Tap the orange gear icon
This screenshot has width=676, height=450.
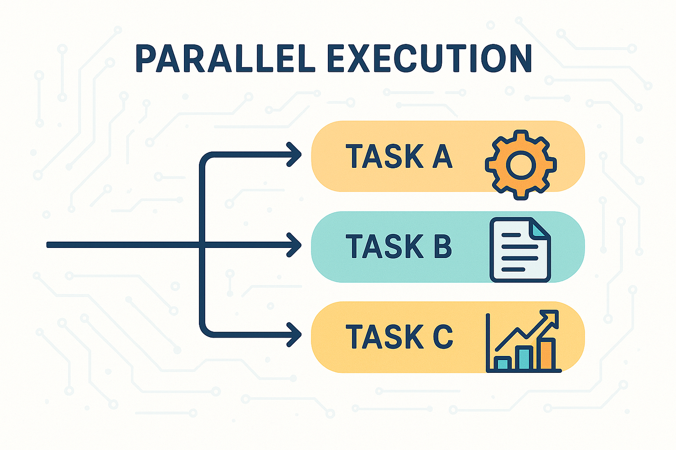[x=521, y=164]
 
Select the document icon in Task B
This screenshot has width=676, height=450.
[x=520, y=250]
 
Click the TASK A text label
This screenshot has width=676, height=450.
[x=399, y=156]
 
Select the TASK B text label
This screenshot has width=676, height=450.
[x=399, y=246]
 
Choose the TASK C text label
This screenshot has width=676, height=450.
[x=399, y=336]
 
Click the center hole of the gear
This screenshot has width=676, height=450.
[x=521, y=165]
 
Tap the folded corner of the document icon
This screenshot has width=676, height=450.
[x=540, y=228]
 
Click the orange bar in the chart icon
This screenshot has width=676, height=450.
[x=548, y=354]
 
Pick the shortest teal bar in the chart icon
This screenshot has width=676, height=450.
[x=503, y=363]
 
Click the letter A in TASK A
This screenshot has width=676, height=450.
[x=442, y=156]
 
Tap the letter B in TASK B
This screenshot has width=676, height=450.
[x=441, y=246]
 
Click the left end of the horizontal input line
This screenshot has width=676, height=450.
[x=49, y=245]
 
